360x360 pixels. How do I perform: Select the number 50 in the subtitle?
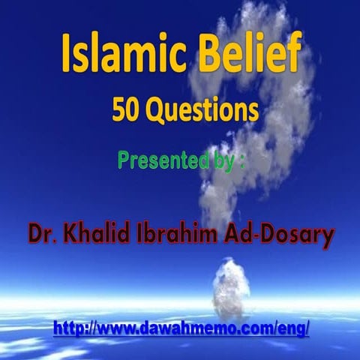[124, 110]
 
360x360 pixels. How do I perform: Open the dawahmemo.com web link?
[180, 328]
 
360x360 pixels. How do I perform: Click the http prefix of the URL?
[67, 328]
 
